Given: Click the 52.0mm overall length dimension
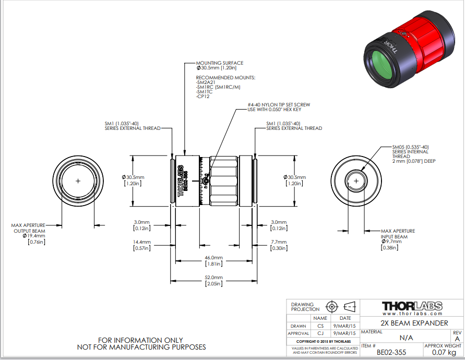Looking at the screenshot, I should tap(214, 278).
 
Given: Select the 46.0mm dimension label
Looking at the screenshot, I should tap(214, 258).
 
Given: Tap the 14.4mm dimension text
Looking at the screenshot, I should tap(141, 242).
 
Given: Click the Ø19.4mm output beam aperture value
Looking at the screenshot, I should tap(34, 236).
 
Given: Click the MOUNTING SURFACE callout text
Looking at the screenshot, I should tap(220, 63).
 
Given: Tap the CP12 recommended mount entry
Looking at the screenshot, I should tap(202, 97).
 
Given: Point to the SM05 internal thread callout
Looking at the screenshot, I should tap(410, 147).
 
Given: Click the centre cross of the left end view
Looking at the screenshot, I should tap(78, 181).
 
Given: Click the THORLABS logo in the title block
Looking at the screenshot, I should tap(412, 306).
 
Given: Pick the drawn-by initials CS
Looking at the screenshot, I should tap(320, 326).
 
